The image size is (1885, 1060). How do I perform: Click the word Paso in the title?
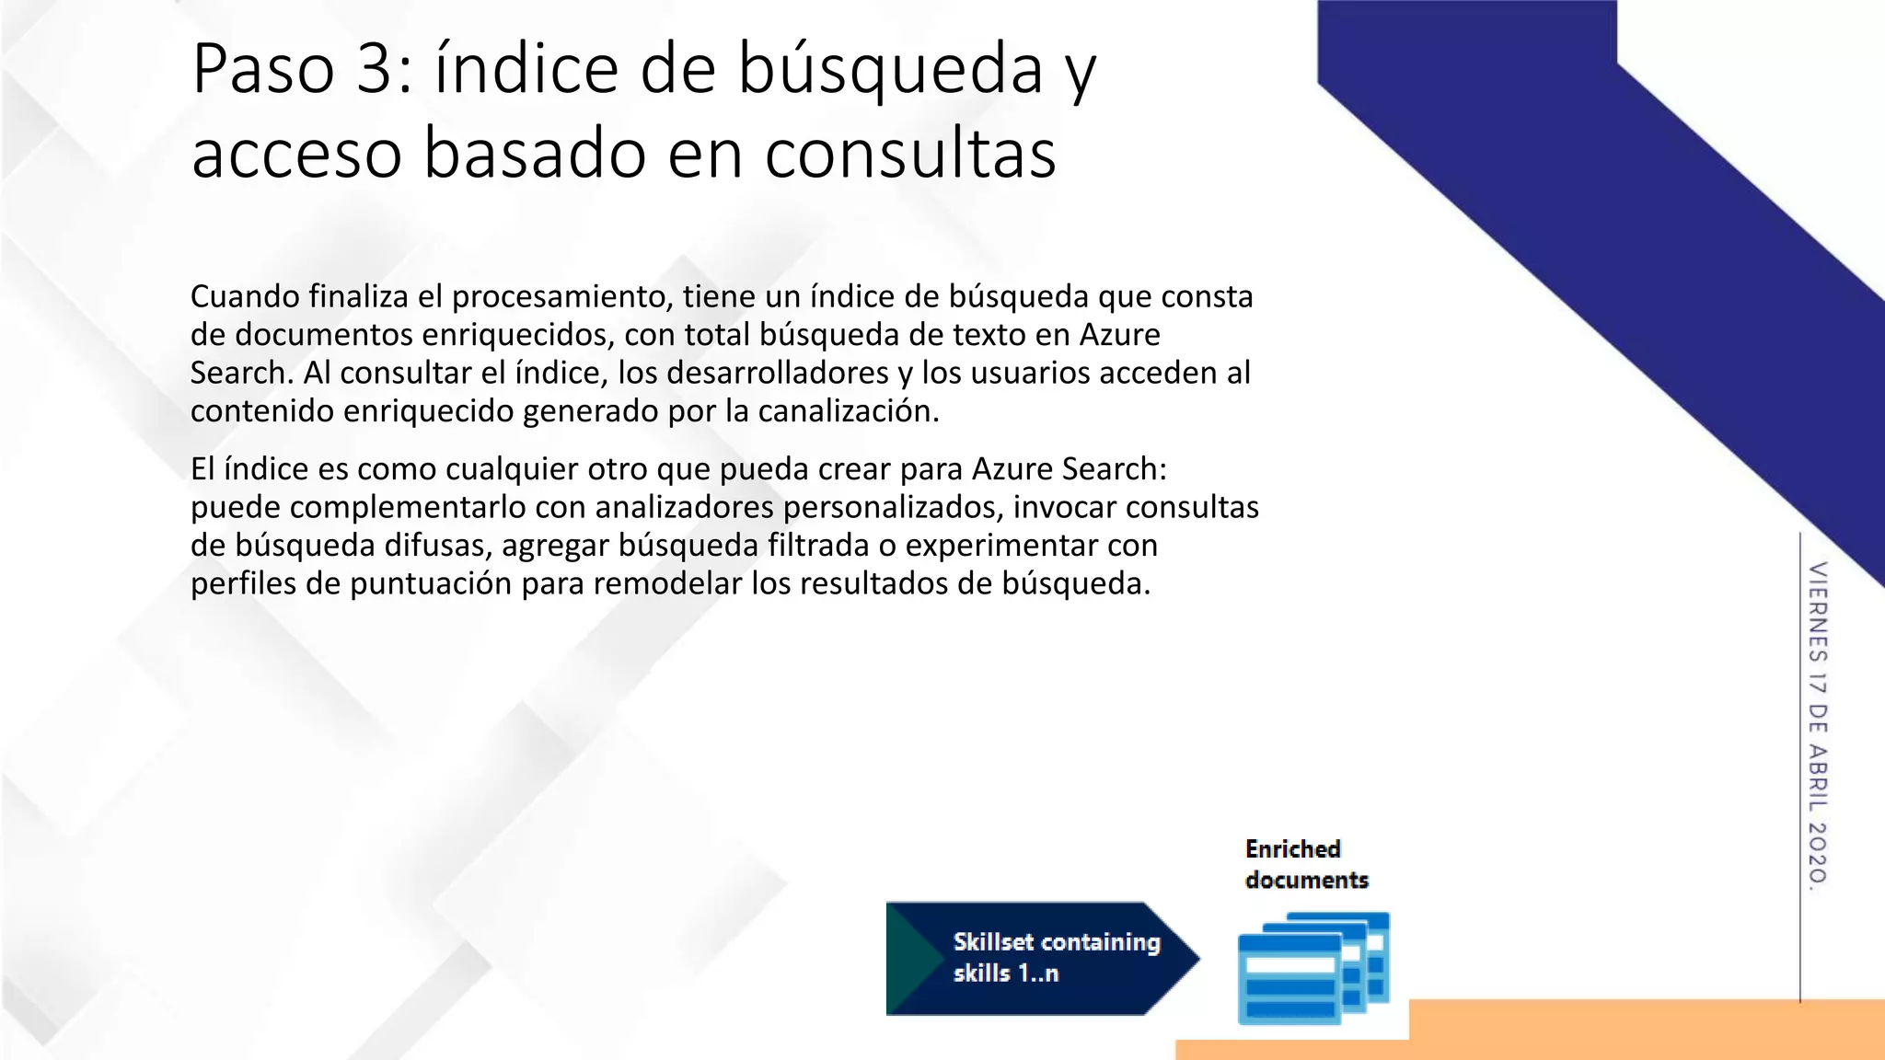[262, 69]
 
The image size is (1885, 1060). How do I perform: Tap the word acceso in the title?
[296, 154]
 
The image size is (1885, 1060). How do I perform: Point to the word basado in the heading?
[535, 154]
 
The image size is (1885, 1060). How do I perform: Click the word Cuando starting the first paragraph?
[246, 296]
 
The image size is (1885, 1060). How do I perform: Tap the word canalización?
[849, 411]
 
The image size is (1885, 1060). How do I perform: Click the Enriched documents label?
[1306, 864]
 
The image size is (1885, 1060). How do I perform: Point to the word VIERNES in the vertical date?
[1818, 613]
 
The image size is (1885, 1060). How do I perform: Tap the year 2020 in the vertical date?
[1818, 852]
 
